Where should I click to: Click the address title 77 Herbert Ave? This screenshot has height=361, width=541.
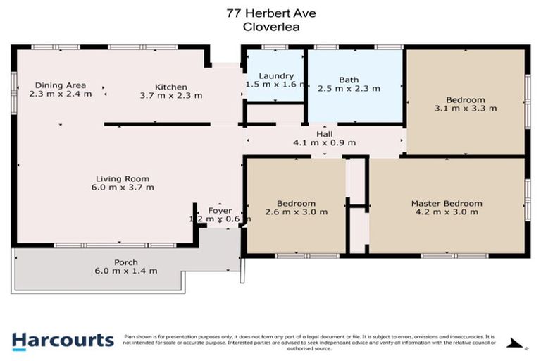click(270, 13)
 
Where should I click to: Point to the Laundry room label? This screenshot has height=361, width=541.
click(275, 75)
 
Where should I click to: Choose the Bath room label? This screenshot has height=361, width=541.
click(349, 80)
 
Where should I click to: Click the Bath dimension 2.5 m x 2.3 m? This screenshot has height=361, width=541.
click(349, 89)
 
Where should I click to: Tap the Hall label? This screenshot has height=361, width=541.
click(324, 133)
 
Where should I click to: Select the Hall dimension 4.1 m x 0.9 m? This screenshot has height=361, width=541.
click(324, 142)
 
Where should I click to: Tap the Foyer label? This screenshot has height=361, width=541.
click(219, 210)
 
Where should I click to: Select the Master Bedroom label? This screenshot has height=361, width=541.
click(447, 204)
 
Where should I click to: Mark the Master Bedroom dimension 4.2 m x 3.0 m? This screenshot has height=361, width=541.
click(447, 212)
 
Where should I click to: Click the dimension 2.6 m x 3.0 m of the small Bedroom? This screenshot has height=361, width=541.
click(296, 212)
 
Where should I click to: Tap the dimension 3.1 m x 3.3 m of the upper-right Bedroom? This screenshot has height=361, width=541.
click(466, 109)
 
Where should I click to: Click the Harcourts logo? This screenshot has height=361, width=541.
click(63, 341)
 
